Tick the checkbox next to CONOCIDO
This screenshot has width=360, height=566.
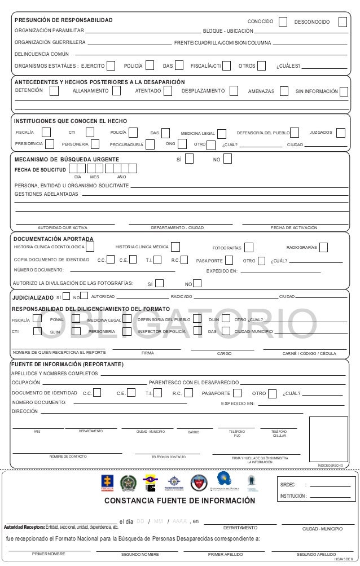[283, 21]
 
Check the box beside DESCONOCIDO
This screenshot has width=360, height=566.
[343, 21]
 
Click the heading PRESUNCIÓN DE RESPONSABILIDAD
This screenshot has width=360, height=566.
[63, 20]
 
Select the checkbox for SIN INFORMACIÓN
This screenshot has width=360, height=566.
[344, 91]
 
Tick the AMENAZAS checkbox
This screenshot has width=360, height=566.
[284, 91]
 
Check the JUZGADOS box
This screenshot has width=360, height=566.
[340, 133]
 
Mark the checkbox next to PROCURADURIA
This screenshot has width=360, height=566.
[150, 144]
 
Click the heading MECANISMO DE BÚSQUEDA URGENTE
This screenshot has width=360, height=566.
[67, 160]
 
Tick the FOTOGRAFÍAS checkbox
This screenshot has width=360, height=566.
[249, 247]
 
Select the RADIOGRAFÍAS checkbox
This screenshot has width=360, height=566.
[323, 247]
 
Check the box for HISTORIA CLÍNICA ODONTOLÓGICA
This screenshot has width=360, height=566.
[90, 247]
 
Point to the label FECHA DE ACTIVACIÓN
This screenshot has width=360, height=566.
[294, 227]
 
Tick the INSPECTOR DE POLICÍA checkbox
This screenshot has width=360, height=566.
[197, 331]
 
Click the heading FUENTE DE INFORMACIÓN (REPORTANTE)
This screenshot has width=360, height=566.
[67, 364]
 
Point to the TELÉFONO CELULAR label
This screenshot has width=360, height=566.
[279, 433]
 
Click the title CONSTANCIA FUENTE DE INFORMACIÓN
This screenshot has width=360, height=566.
[180, 501]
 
